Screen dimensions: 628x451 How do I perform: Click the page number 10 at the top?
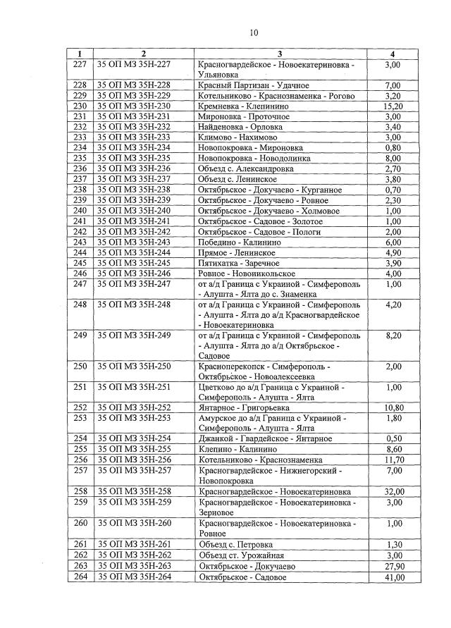pos(254,32)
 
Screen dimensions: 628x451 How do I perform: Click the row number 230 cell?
pos(80,106)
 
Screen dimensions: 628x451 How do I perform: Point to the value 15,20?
pos(393,106)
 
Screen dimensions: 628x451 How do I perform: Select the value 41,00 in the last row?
pos(393,577)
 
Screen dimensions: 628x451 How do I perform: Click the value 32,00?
pos(393,491)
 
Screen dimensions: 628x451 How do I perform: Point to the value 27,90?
pos(393,566)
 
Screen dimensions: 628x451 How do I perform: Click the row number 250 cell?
pos(80,367)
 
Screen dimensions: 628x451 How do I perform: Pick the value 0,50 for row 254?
pos(393,438)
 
